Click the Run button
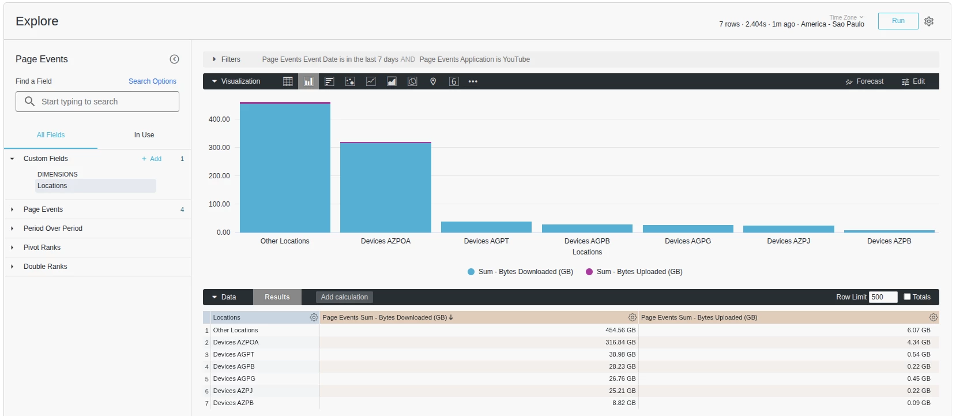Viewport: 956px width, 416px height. [898, 21]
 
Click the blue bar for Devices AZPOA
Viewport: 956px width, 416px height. [385, 188]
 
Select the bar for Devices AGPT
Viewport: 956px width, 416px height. [486, 227]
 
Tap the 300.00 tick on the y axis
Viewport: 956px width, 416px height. [219, 147]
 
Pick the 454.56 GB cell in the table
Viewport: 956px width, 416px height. [620, 330]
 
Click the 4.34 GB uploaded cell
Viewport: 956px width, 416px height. [919, 342]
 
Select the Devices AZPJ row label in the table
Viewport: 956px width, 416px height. [232, 391]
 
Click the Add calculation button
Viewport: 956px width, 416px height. [344, 297]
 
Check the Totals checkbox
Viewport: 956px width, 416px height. [907, 297]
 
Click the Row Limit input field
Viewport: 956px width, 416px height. [883, 297]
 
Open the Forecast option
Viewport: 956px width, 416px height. [864, 81]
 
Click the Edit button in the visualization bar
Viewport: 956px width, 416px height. [913, 81]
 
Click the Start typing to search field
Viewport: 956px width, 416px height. [97, 102]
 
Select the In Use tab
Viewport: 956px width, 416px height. [144, 135]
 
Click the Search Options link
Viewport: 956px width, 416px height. [152, 81]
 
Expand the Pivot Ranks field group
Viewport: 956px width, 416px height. [42, 248]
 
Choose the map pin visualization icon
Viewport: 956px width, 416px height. [433, 81]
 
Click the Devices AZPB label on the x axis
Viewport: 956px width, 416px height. [889, 241]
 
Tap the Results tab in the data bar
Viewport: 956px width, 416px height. [277, 297]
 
